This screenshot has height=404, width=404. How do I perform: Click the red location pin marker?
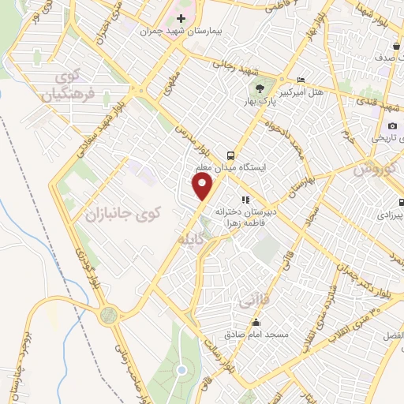coord(203,186)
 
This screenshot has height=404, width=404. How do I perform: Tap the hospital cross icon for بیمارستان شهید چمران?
coord(181,18)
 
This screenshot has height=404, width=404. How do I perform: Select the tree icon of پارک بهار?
coord(258,88)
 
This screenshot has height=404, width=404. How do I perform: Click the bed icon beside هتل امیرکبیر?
coord(301,80)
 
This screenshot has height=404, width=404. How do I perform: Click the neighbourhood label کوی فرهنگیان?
coord(77,86)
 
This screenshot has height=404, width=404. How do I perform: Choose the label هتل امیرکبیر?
coord(321,92)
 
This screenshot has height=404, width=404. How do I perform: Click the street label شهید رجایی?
coord(232,69)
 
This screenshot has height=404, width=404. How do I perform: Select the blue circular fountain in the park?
coord(181,369)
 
